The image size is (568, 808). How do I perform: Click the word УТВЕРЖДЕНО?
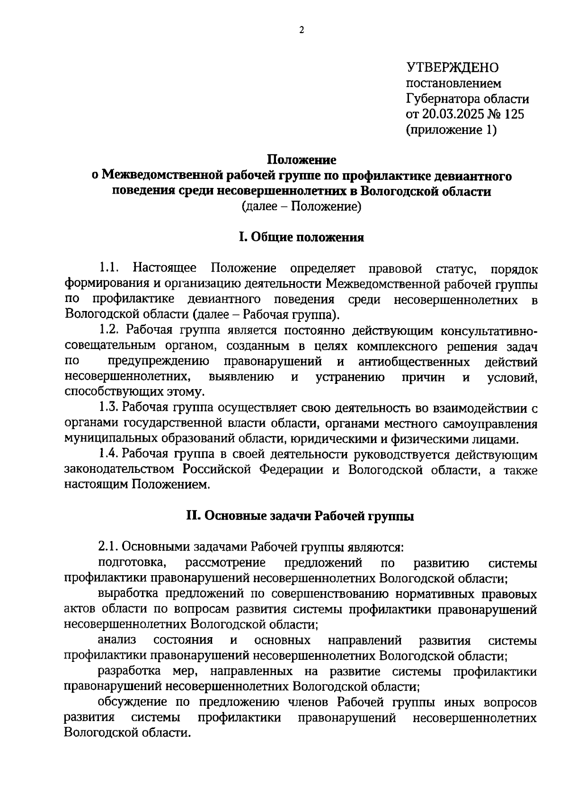(452, 68)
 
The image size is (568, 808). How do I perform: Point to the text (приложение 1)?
(451, 130)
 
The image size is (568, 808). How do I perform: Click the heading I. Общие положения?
(301, 238)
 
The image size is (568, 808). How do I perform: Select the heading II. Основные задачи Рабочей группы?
(301, 516)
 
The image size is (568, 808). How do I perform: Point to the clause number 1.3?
(108, 408)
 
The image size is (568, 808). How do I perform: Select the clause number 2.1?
(108, 547)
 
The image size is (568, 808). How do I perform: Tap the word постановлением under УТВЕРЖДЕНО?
(453, 84)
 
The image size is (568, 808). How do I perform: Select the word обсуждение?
(134, 702)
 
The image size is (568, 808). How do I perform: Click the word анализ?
(117, 640)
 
